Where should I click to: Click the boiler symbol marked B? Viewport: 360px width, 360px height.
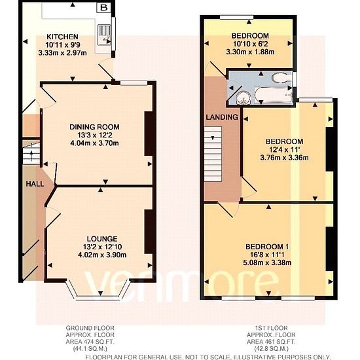pyautogui.click(x=104, y=8)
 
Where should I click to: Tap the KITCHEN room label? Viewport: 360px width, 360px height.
pyautogui.click(x=62, y=37)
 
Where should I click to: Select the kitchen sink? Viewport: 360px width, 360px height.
pyautogui.click(x=104, y=35)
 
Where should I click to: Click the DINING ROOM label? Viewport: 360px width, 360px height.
pyautogui.click(x=94, y=127)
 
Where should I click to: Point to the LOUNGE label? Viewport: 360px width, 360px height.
pyautogui.click(x=102, y=239)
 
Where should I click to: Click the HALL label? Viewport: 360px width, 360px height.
pyautogui.click(x=35, y=184)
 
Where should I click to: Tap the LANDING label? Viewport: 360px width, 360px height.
pyautogui.click(x=222, y=117)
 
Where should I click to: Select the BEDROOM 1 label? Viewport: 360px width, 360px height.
pyautogui.click(x=267, y=247)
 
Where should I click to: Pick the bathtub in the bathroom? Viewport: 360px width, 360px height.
pyautogui.click(x=274, y=95)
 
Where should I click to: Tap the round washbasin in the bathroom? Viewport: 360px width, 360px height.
pyautogui.click(x=243, y=98)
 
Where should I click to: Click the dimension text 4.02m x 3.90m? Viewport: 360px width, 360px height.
pyautogui.click(x=102, y=255)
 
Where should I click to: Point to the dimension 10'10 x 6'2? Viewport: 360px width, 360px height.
pyautogui.click(x=251, y=44)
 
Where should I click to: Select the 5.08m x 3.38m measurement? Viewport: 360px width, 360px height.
pyautogui.click(x=267, y=262)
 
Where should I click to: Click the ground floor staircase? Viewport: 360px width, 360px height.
pyautogui.click(x=31, y=153)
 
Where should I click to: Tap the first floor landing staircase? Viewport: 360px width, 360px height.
pyautogui.click(x=213, y=154)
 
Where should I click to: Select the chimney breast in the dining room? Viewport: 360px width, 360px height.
pyautogui.click(x=149, y=134)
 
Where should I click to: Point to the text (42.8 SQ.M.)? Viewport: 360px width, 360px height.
pyautogui.click(x=271, y=348)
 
